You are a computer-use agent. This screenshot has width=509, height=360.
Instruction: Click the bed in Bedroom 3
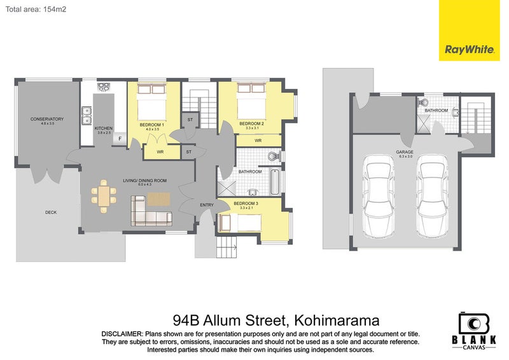pyautogui.click(x=239, y=223)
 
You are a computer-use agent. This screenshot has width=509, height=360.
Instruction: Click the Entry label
pyautogui.click(x=207, y=205)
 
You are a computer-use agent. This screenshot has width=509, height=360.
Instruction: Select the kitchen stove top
pyautogui.click(x=104, y=87)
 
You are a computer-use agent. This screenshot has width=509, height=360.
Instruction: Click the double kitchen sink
pyautogui.click(x=87, y=115)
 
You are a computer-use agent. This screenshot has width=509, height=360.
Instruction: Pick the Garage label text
pyautogui.click(x=405, y=152)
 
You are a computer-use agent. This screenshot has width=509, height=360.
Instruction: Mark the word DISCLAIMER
pyautogui.click(x=122, y=334)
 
